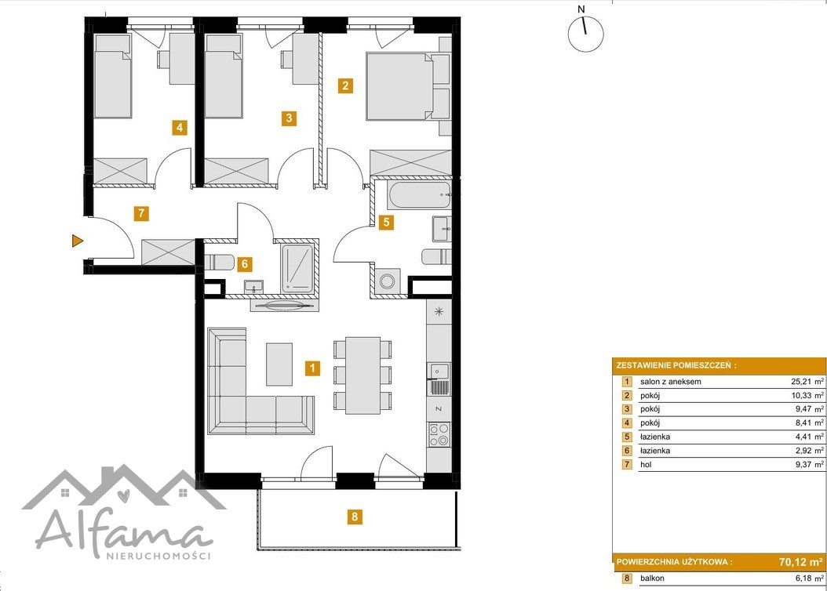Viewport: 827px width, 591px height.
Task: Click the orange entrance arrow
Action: coord(77,241)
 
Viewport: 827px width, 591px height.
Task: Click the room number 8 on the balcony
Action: coord(355,517)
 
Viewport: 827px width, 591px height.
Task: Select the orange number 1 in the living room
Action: coord(312,368)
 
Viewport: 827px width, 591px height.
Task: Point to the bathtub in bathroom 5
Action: coord(419,195)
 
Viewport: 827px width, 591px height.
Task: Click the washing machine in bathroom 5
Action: coord(387,281)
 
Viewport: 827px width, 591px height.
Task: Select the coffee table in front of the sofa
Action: coord(279,364)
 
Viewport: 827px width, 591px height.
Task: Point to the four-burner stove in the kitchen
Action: coord(439,434)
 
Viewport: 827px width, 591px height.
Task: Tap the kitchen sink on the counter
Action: coord(439,371)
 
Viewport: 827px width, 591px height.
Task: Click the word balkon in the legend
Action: coord(652,578)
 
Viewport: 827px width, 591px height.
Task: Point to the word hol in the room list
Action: coord(646,465)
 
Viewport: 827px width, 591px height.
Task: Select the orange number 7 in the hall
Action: coord(140,213)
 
